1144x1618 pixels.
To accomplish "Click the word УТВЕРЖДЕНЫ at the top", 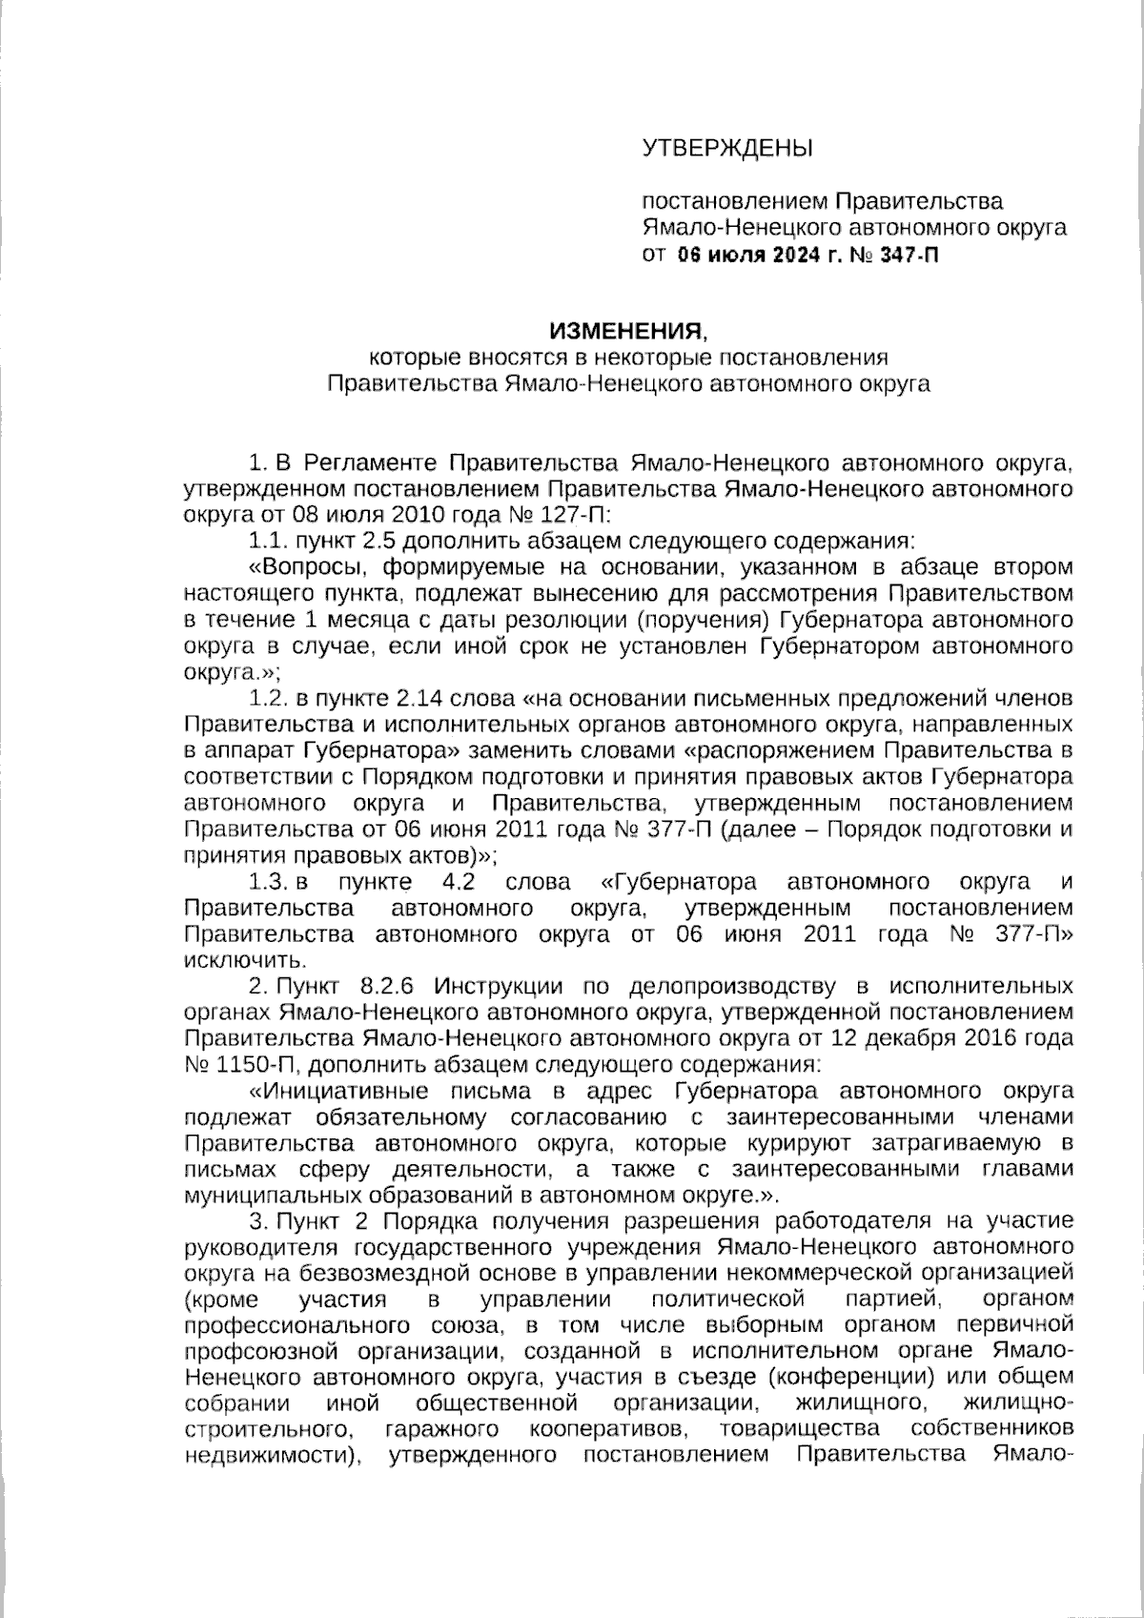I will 727,148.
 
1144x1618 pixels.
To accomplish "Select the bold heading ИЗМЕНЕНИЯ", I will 627,331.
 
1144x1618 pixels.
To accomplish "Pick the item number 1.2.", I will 268,698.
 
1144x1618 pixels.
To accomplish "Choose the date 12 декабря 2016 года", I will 960,1037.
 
